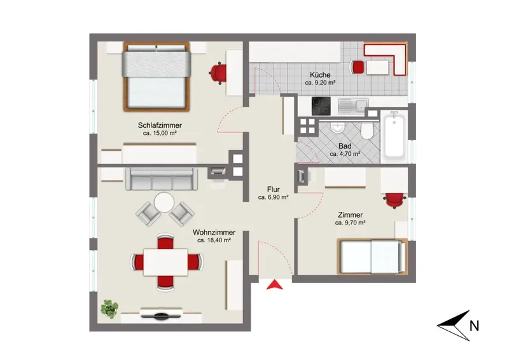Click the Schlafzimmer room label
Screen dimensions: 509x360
pyautogui.click(x=160, y=125)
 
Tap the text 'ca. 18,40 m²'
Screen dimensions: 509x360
pyautogui.click(x=214, y=240)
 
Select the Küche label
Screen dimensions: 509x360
pyautogui.click(x=320, y=74)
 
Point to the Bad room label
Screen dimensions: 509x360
pyautogui.click(x=345, y=146)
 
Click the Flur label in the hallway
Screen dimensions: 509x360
pyautogui.click(x=274, y=190)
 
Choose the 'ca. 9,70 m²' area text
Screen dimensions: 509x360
pyautogui.click(x=351, y=223)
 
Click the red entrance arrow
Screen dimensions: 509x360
pyautogui.click(x=275, y=284)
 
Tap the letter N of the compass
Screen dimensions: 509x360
pyautogui.click(x=474, y=326)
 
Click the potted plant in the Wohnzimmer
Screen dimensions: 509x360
pyautogui.click(x=109, y=308)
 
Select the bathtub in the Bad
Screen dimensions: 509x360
pyautogui.click(x=394, y=136)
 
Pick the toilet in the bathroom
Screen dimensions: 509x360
pyautogui.click(x=368, y=132)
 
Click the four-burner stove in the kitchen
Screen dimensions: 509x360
pyautogui.click(x=321, y=106)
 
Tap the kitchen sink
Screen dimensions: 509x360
pyautogui.click(x=352, y=106)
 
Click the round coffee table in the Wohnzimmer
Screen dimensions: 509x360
pyautogui.click(x=164, y=202)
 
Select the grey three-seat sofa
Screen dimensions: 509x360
pyautogui.click(x=162, y=179)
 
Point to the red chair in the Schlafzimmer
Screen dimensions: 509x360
pyautogui.click(x=218, y=73)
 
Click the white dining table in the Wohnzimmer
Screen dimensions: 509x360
pyautogui.click(x=165, y=262)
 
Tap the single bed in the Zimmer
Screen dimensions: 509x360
pyautogui.click(x=372, y=256)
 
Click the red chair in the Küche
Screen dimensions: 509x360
pyautogui.click(x=358, y=67)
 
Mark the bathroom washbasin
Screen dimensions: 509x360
pyautogui.click(x=338, y=128)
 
